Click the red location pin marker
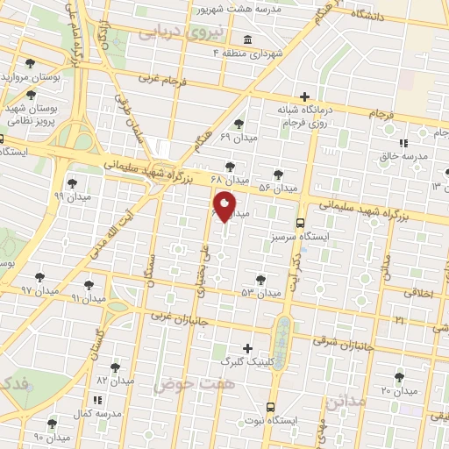[224, 206]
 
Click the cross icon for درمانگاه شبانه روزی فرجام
[304, 96]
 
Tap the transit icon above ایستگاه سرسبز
[301, 223]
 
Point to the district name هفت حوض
[185, 384]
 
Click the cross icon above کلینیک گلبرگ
[246, 348]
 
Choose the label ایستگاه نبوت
[297, 420]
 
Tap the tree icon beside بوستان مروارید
[31, 63]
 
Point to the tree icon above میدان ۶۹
[239, 124]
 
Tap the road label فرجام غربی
[162, 79]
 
